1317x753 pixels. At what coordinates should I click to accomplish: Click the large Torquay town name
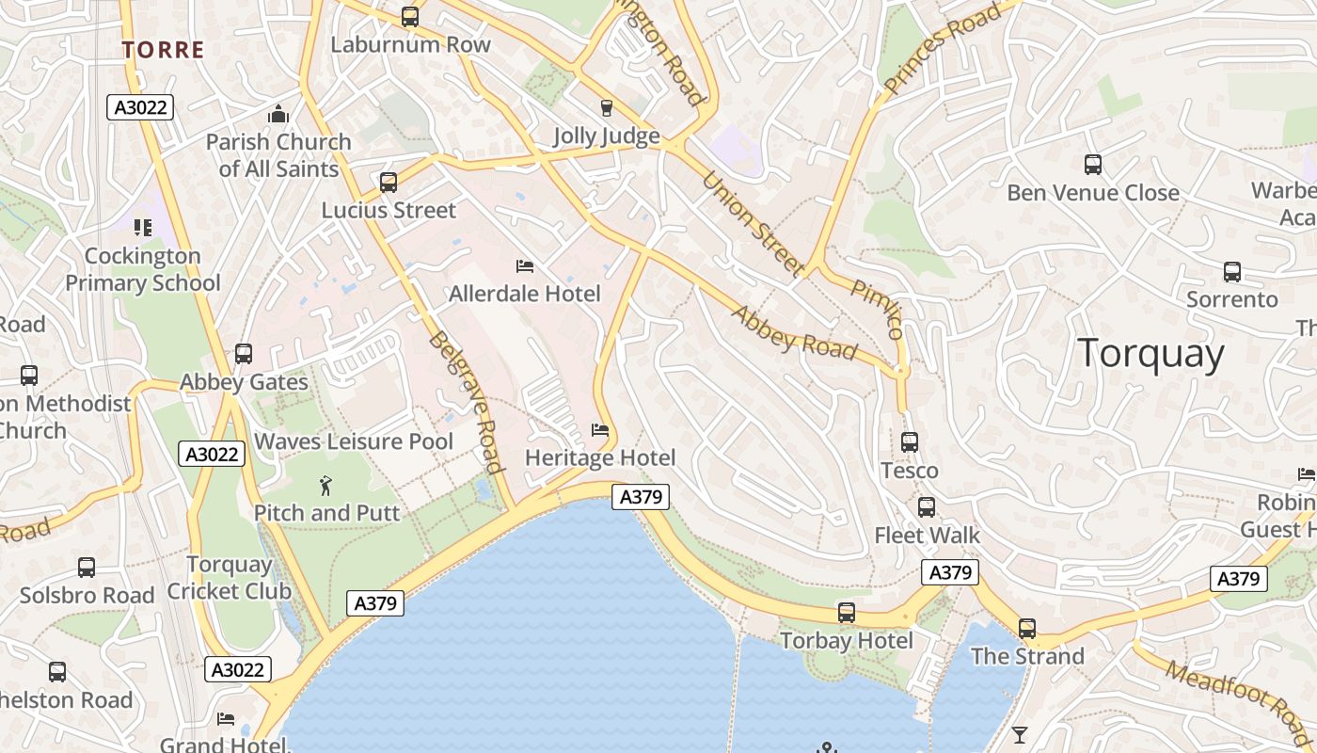point(1150,354)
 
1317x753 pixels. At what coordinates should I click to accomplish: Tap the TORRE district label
point(163,50)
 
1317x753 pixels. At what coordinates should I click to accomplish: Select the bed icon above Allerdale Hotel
point(525,266)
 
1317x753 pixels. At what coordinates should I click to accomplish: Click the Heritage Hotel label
point(600,458)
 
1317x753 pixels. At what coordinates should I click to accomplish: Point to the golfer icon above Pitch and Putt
point(325,486)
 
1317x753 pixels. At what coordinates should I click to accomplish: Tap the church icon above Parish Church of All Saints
point(278,116)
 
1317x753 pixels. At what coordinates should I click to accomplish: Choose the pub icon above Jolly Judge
point(607,108)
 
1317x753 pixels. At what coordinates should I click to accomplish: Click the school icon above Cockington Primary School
point(142,228)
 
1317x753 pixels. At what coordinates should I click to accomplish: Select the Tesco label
point(910,471)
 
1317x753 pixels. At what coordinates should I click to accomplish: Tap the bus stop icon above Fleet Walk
point(927,507)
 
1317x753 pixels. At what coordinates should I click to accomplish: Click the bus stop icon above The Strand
point(1027,628)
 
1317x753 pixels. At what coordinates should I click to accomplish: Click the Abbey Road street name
point(795,333)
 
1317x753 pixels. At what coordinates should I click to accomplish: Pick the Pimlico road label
point(878,309)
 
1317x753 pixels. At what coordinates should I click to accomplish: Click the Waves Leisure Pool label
point(354,441)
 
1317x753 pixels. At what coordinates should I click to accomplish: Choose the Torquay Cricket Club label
point(230,578)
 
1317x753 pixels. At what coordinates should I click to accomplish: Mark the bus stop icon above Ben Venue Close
point(1093,165)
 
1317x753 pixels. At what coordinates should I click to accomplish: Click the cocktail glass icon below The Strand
point(1020,734)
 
